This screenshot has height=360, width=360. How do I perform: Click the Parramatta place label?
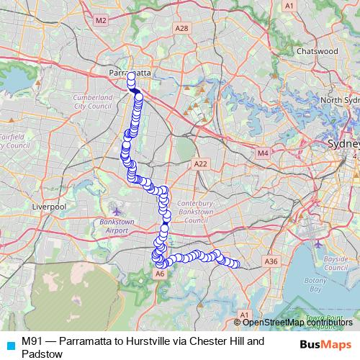point(130,73)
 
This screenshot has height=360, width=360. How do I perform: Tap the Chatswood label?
point(317,51)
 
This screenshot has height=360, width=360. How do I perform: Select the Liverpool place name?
point(49,206)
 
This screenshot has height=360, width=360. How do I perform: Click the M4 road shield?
point(262,153)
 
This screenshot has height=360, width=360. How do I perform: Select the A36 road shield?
point(271,261)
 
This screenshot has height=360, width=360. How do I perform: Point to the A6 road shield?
point(160,274)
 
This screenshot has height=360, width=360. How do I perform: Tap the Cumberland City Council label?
point(93,101)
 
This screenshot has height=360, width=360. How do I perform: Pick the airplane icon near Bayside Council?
point(320,244)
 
